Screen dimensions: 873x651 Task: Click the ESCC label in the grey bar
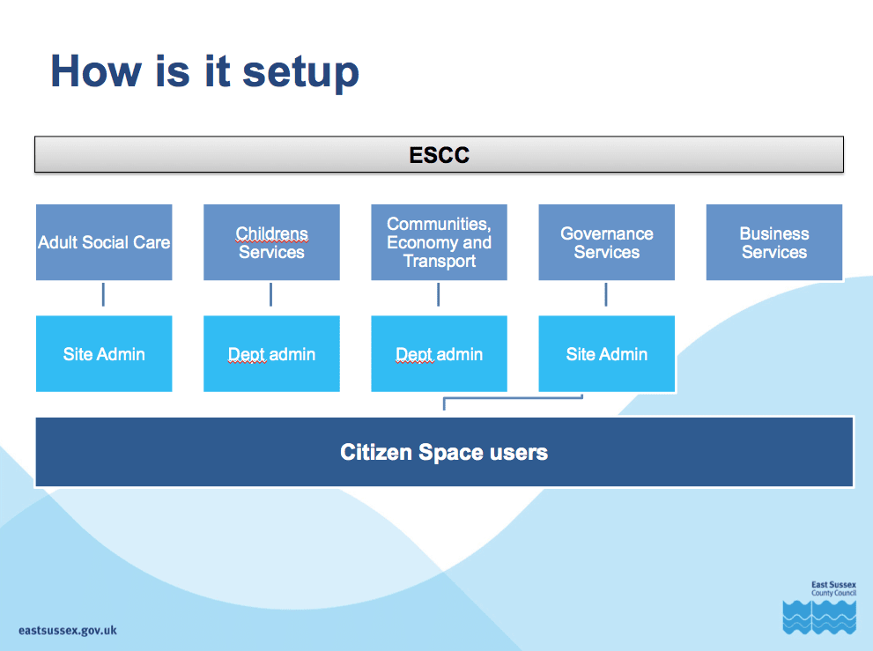[440, 155]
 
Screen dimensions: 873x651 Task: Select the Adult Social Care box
[104, 242]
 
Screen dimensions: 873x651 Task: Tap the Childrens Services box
[271, 242]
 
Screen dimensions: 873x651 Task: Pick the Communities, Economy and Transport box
[440, 242]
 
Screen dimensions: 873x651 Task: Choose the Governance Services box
[607, 242]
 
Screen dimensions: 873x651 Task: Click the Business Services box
[774, 242]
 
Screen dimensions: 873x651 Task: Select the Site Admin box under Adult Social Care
[104, 353]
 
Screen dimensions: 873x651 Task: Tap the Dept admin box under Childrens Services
[271, 353]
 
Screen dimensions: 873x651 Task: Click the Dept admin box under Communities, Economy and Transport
[440, 353]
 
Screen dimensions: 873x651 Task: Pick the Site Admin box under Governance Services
[607, 353]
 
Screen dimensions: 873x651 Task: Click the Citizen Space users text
[444, 452]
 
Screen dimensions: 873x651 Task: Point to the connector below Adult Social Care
[103, 294]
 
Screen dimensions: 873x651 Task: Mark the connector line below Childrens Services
[270, 294]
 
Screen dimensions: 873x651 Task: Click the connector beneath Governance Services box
[606, 294]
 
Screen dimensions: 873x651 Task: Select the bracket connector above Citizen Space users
[513, 398]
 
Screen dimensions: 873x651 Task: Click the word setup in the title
[300, 72]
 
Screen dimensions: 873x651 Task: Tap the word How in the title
[96, 70]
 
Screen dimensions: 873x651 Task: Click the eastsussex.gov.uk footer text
[68, 631]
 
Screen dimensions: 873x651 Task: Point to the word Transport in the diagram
[440, 261]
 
